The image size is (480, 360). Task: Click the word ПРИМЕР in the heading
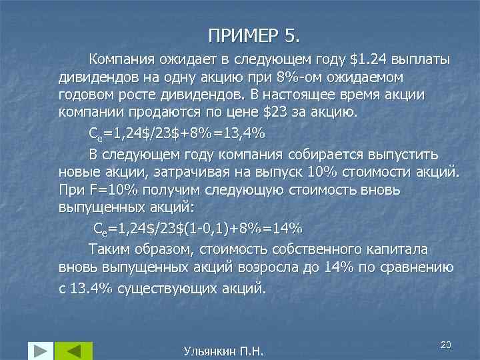pos(234,34)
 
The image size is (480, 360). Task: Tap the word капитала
pos(405,249)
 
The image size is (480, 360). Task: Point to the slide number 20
pos(446,343)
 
